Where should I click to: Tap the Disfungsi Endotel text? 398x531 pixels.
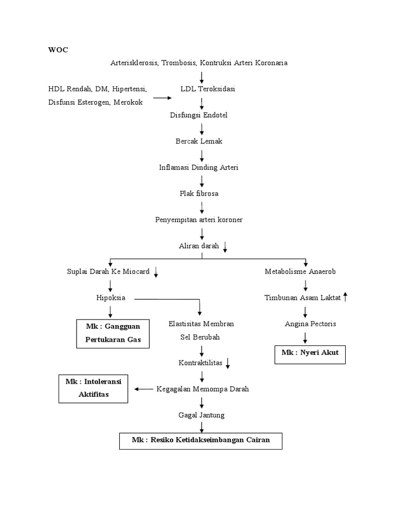pyautogui.click(x=198, y=115)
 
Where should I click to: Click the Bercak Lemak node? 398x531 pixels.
pyautogui.click(x=198, y=141)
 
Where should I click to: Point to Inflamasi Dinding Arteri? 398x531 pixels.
pyautogui.click(x=199, y=167)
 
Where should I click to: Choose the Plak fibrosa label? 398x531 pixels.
pyautogui.click(x=198, y=193)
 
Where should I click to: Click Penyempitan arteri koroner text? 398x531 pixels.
pyautogui.click(x=199, y=220)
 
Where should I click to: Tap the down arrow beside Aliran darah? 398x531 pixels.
pyautogui.click(x=225, y=247)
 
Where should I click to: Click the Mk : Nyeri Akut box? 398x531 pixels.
pyautogui.click(x=310, y=355)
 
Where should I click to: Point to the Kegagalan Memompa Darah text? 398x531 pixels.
pyautogui.click(x=203, y=389)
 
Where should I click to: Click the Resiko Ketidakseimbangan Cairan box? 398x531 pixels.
pyautogui.click(x=201, y=440)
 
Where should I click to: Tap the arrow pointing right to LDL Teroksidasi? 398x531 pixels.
pyautogui.click(x=162, y=97)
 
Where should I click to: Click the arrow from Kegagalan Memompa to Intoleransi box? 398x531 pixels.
pyautogui.click(x=143, y=389)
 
